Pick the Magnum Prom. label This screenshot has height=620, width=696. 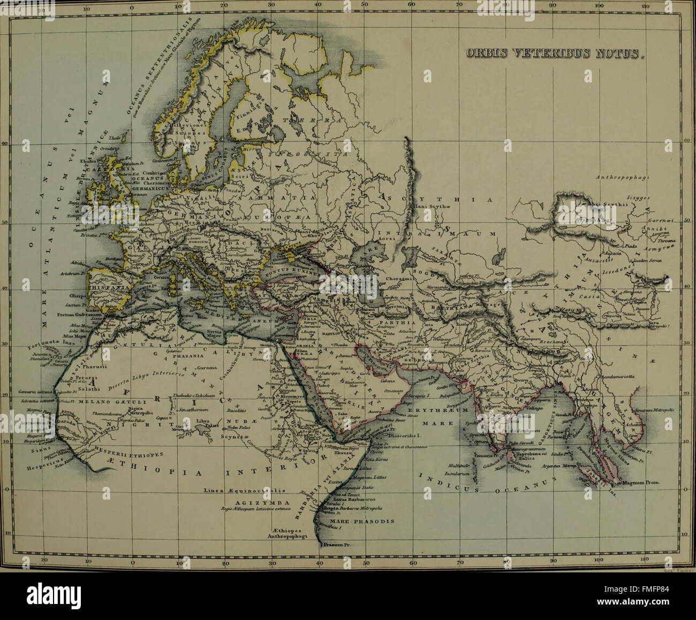[641, 483]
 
